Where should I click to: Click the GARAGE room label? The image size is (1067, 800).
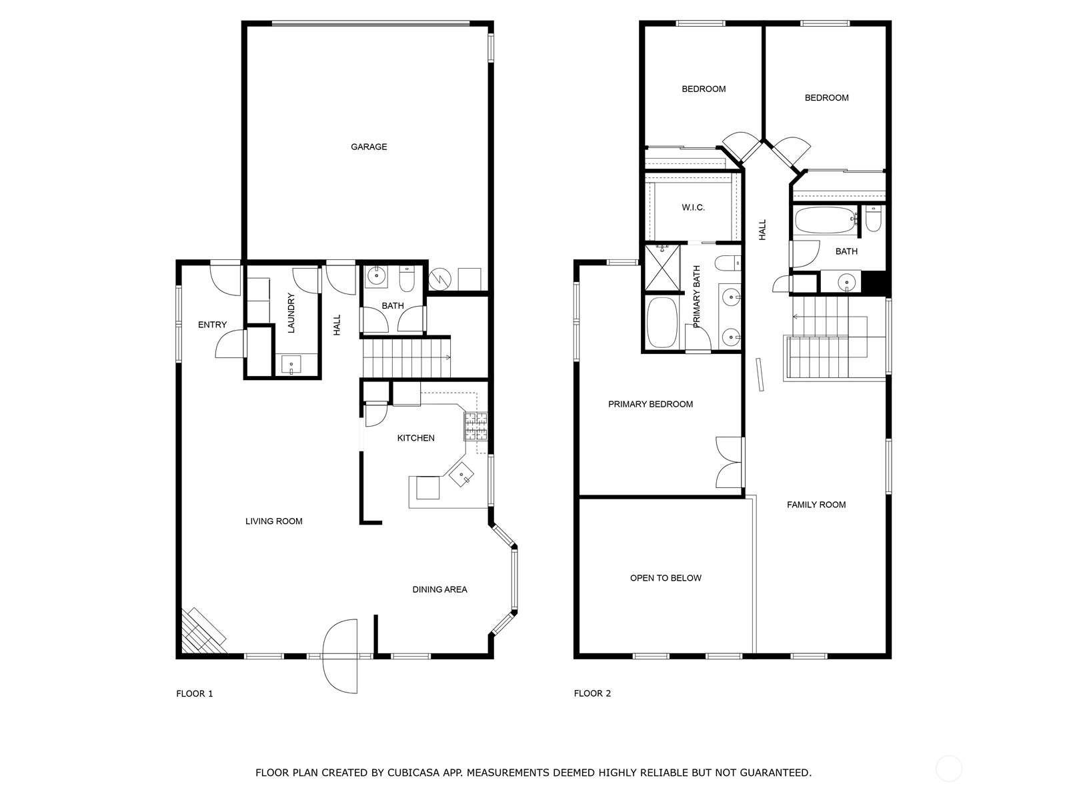click(x=369, y=147)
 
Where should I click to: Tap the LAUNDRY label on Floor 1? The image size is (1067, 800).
click(x=291, y=313)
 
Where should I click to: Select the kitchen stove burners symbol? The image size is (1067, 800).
click(x=475, y=426)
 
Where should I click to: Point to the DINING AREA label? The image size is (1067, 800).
click(x=439, y=589)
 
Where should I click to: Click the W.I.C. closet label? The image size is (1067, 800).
click(x=693, y=207)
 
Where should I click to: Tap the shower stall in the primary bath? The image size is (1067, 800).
click(x=662, y=267)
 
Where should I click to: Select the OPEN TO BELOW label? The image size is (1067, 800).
click(x=666, y=577)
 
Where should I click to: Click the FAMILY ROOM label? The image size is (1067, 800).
click(x=816, y=505)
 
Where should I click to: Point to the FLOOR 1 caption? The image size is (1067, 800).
click(x=195, y=693)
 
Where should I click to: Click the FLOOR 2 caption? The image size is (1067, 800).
click(x=592, y=693)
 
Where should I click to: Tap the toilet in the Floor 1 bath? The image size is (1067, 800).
click(x=406, y=279)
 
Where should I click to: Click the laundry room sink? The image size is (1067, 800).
click(x=291, y=364)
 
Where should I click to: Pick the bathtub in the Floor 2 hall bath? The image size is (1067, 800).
click(x=825, y=221)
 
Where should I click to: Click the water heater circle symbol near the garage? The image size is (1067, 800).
click(x=440, y=279)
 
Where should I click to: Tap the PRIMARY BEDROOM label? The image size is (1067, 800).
click(x=650, y=404)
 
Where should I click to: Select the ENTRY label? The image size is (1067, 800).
click(x=213, y=325)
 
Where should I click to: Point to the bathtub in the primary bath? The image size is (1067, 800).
click(x=662, y=322)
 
